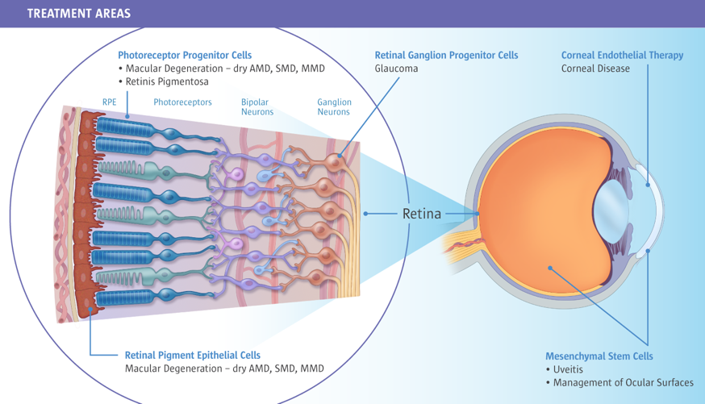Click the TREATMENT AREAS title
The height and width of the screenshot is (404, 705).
click(78, 14)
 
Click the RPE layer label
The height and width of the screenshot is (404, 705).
click(109, 102)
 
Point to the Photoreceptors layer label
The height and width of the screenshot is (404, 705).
click(182, 102)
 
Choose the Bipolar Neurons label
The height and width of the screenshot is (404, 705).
click(257, 107)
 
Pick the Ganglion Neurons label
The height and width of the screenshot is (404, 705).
click(334, 107)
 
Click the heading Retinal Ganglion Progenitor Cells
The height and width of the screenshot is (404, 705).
click(446, 56)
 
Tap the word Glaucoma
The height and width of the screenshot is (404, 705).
click(396, 69)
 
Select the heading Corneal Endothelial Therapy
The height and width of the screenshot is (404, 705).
click(622, 56)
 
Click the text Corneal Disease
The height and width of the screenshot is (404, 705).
click(595, 69)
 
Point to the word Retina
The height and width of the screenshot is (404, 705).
click(422, 214)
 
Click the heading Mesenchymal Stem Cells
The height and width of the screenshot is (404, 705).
click(599, 356)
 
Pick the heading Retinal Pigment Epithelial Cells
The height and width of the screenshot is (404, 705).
click(192, 355)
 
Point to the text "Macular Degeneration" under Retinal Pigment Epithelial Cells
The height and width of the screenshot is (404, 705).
click(172, 369)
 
